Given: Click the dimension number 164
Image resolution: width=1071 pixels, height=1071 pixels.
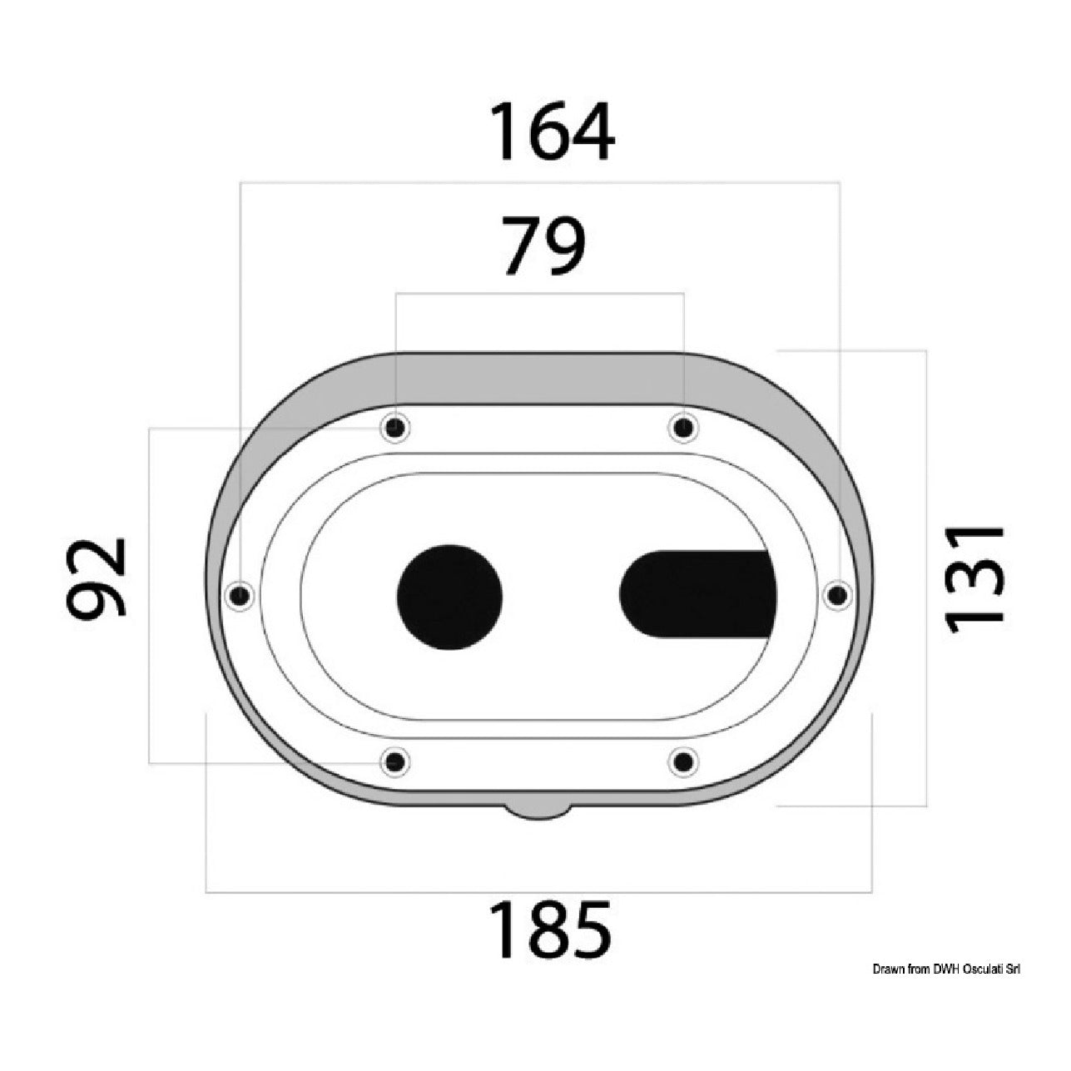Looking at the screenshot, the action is (552, 131).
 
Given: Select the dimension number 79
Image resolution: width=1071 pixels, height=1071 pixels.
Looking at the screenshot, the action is (544, 245).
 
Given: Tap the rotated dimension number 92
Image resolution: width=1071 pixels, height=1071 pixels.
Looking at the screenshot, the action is (97, 578).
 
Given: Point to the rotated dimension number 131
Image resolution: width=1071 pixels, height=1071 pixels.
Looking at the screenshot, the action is (974, 580).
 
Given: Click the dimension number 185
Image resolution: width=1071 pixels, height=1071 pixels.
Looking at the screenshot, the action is (550, 930).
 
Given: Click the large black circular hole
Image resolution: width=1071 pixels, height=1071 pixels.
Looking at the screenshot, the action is (449, 597).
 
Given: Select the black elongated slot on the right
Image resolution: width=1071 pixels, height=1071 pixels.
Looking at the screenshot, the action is (698, 594).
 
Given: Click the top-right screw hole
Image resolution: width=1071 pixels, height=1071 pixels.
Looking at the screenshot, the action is (683, 428).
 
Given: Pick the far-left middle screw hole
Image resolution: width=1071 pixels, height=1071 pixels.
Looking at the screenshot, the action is (240, 596).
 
